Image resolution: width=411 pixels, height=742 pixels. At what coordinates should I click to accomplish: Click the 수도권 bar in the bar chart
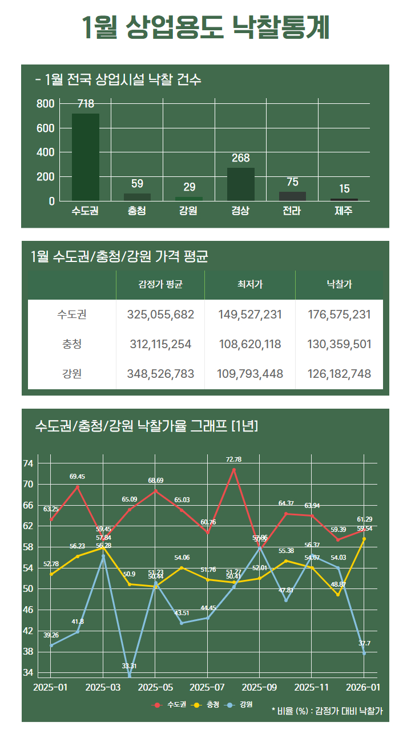point(85,157)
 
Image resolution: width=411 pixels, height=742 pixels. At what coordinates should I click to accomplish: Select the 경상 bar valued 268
point(240,184)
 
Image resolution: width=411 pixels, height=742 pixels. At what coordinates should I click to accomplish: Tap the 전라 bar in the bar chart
point(292,196)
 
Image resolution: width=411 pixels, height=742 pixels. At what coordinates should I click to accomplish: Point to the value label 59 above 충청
point(137,184)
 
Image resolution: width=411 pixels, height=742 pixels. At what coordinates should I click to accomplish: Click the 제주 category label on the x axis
point(344,211)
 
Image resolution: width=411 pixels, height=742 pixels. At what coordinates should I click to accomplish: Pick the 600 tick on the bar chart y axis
point(46,128)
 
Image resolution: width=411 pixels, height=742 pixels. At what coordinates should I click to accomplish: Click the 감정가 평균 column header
point(160,285)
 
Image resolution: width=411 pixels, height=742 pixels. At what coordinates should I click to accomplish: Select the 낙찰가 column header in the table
point(339,285)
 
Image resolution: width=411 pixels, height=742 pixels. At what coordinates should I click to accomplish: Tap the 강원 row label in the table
point(72,374)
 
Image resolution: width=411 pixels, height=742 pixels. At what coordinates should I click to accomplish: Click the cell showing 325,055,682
point(160,314)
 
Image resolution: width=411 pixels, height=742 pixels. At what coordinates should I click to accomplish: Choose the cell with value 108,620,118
point(250,344)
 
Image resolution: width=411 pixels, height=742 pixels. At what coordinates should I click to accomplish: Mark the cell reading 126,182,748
point(339,374)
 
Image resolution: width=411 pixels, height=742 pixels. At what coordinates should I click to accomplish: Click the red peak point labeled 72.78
point(234,470)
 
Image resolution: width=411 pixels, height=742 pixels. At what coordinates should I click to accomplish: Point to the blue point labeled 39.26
point(51,646)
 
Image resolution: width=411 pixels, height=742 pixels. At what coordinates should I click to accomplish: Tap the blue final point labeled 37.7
point(364,653)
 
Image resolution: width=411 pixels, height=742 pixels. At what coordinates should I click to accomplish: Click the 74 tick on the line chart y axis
point(44,463)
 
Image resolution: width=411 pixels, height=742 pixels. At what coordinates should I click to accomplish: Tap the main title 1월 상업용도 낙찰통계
point(205,27)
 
